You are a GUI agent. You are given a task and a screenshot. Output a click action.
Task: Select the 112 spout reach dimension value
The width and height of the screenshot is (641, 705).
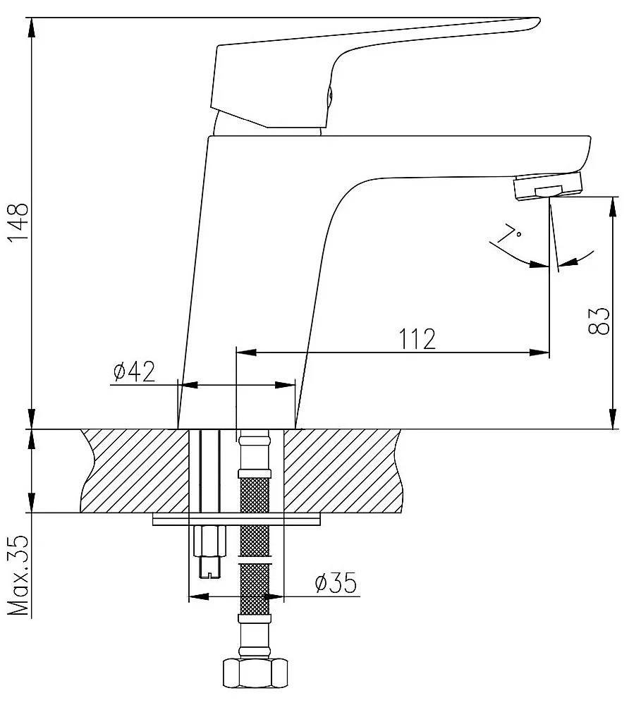pos(417,339)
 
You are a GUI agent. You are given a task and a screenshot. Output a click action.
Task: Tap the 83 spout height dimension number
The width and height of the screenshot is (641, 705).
pos(599,321)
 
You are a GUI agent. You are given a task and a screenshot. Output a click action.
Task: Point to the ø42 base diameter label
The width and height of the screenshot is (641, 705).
pos(134,372)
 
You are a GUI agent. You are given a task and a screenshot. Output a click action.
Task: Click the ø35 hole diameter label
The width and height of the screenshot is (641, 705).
pos(336,583)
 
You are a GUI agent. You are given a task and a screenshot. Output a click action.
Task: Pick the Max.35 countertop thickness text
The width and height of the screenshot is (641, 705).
pos(19,577)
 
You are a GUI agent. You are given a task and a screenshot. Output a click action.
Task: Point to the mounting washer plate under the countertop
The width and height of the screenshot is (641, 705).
pos(237,520)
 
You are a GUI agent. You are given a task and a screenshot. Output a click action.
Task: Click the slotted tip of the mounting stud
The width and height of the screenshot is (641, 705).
pos(209,567)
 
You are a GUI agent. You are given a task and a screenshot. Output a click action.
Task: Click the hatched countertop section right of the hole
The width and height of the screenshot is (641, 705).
pos(342,471)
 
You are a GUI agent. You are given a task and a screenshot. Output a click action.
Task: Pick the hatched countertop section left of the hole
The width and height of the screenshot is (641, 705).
pos(135,471)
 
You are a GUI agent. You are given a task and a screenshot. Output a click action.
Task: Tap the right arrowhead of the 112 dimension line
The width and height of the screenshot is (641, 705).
pos(539,352)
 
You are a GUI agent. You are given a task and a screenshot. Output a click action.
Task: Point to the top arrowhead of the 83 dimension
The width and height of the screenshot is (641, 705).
pos(612,207)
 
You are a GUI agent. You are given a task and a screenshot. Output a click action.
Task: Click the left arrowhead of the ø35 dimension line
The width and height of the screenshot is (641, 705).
pos(199,597)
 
